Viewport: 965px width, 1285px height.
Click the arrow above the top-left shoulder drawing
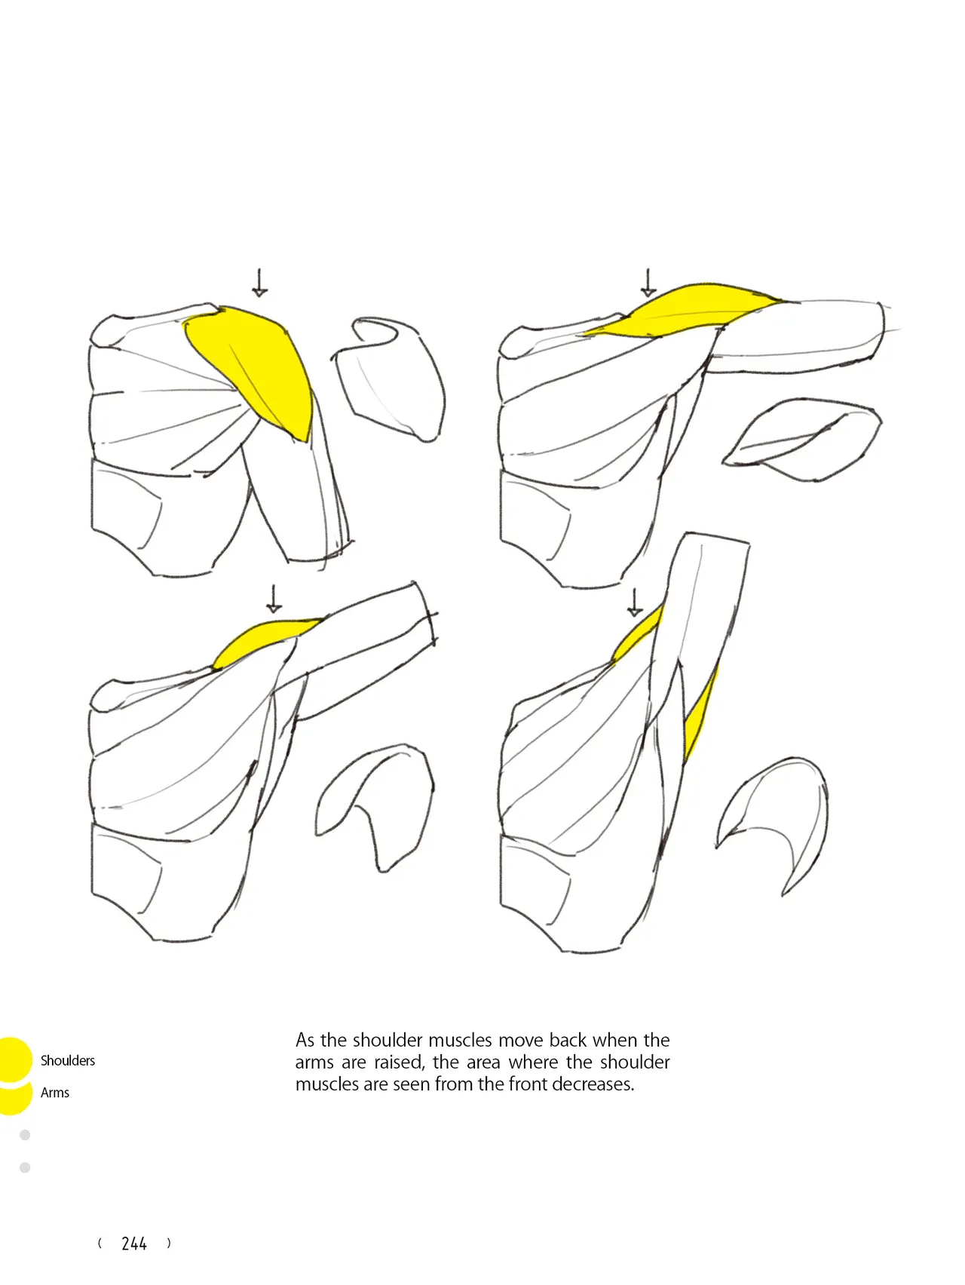tap(259, 282)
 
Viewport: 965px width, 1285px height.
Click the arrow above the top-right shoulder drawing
tap(648, 282)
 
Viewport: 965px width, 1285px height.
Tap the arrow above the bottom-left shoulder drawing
tap(274, 599)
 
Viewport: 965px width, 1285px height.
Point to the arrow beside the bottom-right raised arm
tap(635, 603)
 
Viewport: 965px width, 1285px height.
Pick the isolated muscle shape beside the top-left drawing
tap(391, 377)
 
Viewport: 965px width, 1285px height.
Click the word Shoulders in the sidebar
tap(68, 1060)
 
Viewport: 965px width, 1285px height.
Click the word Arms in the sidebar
tap(55, 1093)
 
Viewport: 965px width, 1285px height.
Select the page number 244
tap(134, 1244)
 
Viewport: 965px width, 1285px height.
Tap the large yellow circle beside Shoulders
tap(13, 1060)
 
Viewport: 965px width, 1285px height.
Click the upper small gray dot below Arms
tap(25, 1135)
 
